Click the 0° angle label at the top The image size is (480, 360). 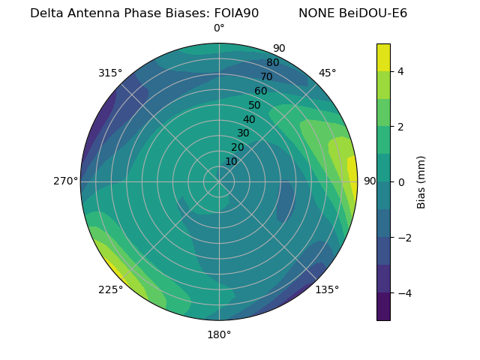pyautogui.click(x=219, y=28)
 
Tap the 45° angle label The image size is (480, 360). pyautogui.click(x=327, y=73)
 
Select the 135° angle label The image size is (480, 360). pyautogui.click(x=327, y=289)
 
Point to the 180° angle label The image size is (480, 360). pyautogui.click(x=219, y=334)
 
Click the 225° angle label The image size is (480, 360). pyautogui.click(x=110, y=289)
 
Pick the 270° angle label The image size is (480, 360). pyautogui.click(x=65, y=181)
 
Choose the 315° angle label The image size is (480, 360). pyautogui.click(x=110, y=73)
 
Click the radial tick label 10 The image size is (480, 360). pyautogui.click(x=231, y=161)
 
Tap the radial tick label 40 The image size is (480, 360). pyautogui.click(x=249, y=119)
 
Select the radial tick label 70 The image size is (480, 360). pyautogui.click(x=266, y=76)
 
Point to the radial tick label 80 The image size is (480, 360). pyautogui.click(x=272, y=62)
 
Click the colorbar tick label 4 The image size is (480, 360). pyautogui.click(x=401, y=71)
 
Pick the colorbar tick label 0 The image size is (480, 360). pyautogui.click(x=401, y=182)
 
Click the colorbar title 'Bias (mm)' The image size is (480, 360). pyautogui.click(x=421, y=181)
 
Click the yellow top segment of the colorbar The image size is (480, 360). pyautogui.click(x=383, y=57)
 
